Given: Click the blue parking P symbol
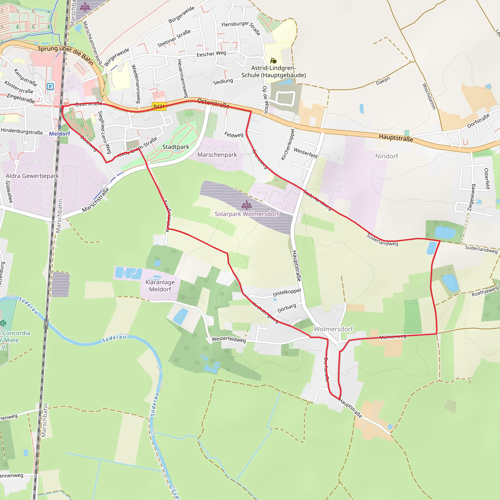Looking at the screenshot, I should point(50,86).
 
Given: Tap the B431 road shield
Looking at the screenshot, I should point(159,106).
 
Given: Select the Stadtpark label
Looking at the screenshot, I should point(176,147).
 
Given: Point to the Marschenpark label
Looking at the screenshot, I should point(217,155).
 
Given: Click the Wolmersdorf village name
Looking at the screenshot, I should point(333,329).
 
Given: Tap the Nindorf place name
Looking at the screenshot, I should point(387,156).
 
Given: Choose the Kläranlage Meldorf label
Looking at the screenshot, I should point(160,286).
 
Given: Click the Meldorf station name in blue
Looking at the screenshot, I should point(60,134).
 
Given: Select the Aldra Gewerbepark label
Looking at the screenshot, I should point(32,176).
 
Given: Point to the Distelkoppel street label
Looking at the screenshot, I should point(287,292).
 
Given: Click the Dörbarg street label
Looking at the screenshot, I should point(287,308).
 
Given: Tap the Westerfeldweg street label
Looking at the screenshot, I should point(229,339).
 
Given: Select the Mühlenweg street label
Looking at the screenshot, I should point(393,337).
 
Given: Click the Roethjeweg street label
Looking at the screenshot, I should point(485,292).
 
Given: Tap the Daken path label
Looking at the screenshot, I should point(383,81).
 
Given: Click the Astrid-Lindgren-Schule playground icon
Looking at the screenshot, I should point(273,61).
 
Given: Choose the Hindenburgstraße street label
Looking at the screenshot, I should point(22,131).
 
